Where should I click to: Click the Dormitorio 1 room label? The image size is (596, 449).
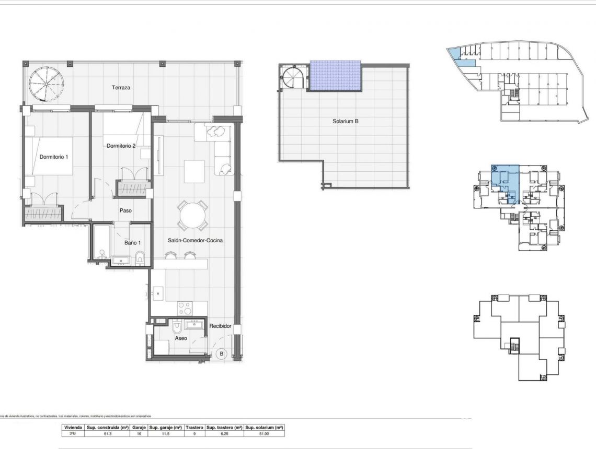54,157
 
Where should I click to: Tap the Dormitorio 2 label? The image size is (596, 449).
121,146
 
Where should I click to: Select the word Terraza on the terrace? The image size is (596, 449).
121,88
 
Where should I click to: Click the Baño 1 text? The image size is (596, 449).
132,243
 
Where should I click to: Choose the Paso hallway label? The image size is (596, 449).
125,211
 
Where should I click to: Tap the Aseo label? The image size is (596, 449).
181,338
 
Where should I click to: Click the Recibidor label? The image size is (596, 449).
220,326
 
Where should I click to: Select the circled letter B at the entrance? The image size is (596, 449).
221,354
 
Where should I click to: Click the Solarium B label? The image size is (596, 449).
345,121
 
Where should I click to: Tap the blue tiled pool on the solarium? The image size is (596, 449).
335,76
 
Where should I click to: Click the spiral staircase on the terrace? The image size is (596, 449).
47,82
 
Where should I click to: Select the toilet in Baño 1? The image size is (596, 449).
140,257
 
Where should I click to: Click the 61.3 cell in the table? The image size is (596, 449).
108,433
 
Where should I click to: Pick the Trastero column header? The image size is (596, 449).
194,427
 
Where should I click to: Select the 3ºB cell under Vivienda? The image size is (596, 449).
72,433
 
